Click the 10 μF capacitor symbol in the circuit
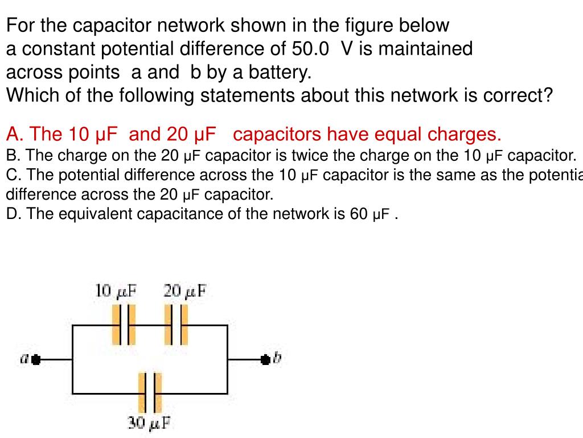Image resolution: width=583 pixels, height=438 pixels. pyautogui.click(x=124, y=325)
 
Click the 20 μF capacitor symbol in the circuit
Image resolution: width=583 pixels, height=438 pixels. pyautogui.click(x=176, y=325)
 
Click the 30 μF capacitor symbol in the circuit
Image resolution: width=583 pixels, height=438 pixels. pyautogui.click(x=150, y=393)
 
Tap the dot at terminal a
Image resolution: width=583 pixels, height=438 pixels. pyautogui.click(x=36, y=360)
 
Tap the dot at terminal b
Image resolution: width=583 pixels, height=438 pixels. pyautogui.click(x=265, y=360)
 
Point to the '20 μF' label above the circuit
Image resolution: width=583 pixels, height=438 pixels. pyautogui.click(x=185, y=291)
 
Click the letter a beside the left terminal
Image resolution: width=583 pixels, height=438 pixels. pyautogui.click(x=24, y=359)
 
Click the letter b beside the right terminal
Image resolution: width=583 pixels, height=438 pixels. pyautogui.click(x=277, y=359)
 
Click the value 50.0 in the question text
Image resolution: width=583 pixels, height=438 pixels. pyautogui.click(x=310, y=49)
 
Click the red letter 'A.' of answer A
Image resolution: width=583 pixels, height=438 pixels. pyautogui.click(x=15, y=135)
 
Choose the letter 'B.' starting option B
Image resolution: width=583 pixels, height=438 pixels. pyautogui.click(x=14, y=155)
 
